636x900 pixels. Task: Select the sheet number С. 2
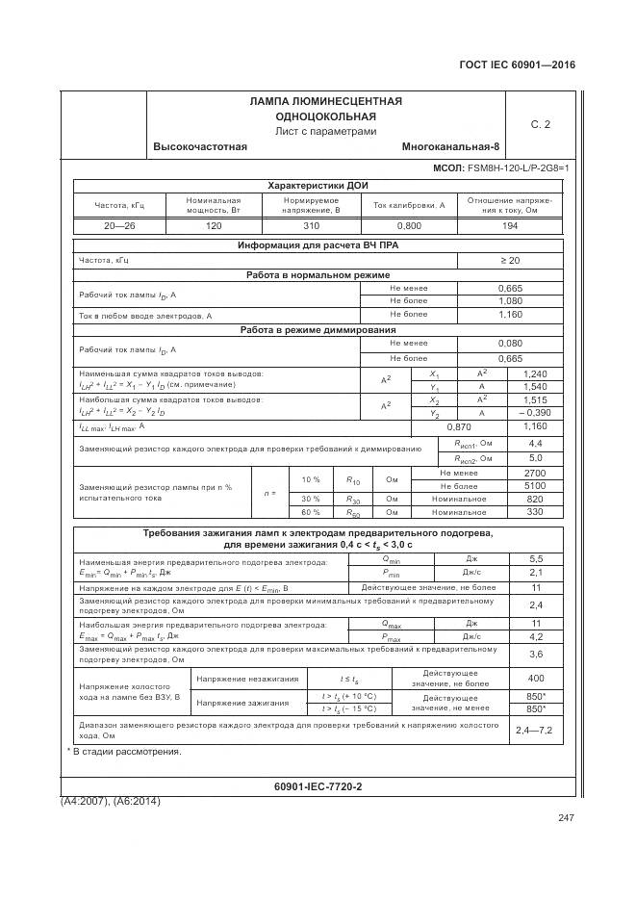coord(540,124)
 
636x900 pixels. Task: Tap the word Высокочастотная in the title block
coord(200,146)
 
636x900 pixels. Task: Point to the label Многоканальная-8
coord(450,146)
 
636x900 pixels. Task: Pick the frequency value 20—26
coord(119,224)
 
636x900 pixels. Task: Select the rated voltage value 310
coord(311,224)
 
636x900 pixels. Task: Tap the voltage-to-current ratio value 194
coord(509,224)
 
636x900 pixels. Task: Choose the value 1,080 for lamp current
coord(509,301)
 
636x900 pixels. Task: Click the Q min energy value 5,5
coord(537,558)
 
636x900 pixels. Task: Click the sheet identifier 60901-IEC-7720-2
coord(318,785)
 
